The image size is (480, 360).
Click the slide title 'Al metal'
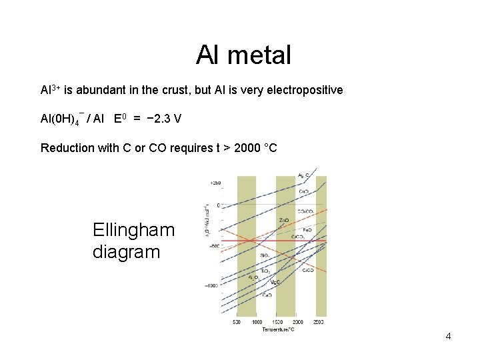243,55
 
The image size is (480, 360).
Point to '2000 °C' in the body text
254,148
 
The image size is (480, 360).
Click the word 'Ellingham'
134,231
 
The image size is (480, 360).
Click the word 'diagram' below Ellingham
127,252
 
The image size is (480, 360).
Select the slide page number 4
448,336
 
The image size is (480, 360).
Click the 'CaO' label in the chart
267,295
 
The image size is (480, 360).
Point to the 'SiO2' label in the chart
265,255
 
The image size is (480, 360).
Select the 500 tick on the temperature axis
237,322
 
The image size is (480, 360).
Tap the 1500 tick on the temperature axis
277,322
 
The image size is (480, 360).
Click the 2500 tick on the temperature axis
319,322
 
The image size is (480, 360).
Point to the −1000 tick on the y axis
211,285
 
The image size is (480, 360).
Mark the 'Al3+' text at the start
49,89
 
